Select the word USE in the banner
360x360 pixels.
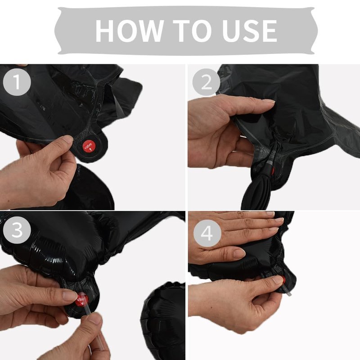pyautogui.click(x=249, y=31)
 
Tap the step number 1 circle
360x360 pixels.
pyautogui.click(x=17, y=82)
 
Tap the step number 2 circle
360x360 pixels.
pyautogui.click(x=206, y=82)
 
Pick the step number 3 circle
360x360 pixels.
pyautogui.click(x=17, y=230)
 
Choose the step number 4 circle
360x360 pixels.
pyautogui.click(x=207, y=233)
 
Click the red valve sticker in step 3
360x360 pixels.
pyautogui.click(x=82, y=299)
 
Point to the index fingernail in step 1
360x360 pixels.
pyautogui.click(x=68, y=139)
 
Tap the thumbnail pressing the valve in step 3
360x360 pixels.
pyautogui.click(x=70, y=295)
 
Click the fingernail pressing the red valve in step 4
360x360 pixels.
pyautogui.click(x=278, y=280)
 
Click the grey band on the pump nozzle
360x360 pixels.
pyautogui.click(x=270, y=163)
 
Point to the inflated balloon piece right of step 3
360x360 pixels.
pyautogui.click(x=163, y=321)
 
